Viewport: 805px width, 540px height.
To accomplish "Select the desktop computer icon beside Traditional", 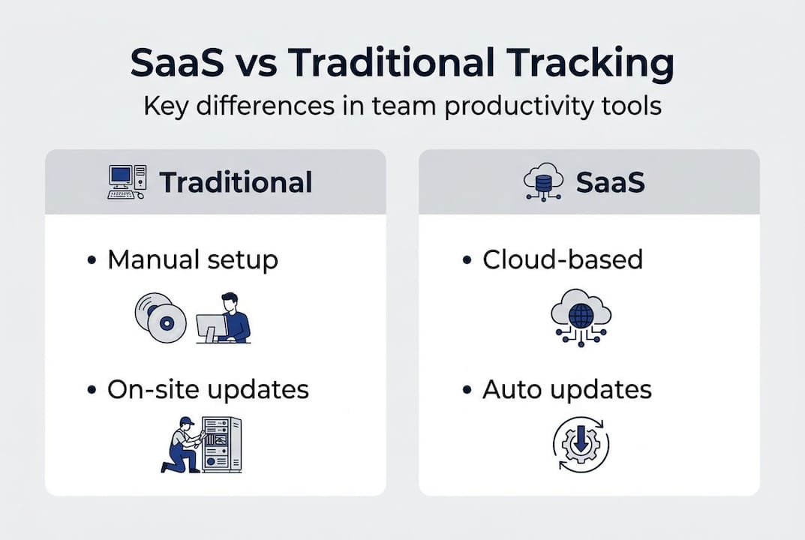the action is point(127,181).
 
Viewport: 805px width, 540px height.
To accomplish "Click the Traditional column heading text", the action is point(236,182).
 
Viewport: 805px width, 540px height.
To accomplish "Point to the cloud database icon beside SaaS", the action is point(543,182).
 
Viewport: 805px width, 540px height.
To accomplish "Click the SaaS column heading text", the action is point(611,182).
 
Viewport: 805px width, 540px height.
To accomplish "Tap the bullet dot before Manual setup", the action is point(92,260).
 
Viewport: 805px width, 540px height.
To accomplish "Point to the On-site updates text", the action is point(208,390).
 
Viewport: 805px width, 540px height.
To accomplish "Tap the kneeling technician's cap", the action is point(187,421).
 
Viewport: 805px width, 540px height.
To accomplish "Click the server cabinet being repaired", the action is point(221,445).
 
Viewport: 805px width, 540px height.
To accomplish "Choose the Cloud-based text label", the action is point(563,259).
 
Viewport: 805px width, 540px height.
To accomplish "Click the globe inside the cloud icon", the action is point(581,316).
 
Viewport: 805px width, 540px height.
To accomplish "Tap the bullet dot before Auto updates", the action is point(467,390).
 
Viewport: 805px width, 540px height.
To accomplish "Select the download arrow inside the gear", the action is point(581,440).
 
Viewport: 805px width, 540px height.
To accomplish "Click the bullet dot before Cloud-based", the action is point(467,260).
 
